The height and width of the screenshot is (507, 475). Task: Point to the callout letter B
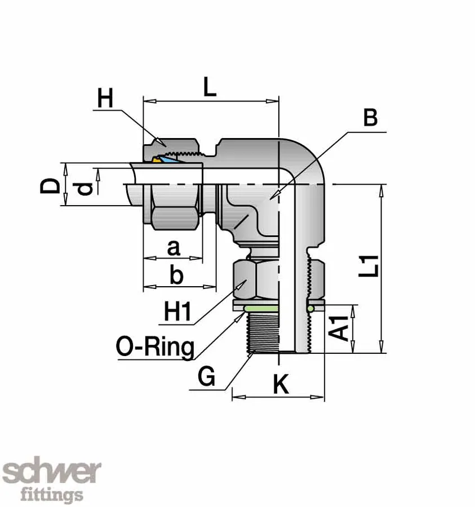(x=370, y=118)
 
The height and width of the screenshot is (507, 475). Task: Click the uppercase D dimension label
(x=51, y=185)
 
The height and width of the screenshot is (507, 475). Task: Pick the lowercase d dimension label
(x=85, y=189)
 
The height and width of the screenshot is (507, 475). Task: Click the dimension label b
(x=176, y=275)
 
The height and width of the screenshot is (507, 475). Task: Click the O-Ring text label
(x=154, y=346)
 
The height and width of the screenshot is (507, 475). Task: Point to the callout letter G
(x=207, y=376)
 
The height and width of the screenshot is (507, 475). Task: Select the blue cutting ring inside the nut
(x=171, y=161)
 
